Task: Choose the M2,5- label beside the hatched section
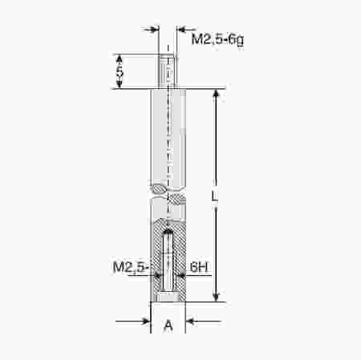[x=132, y=266]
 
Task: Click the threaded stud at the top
[x=168, y=71]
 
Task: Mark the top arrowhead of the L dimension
[x=216, y=94]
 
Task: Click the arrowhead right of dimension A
[x=192, y=322]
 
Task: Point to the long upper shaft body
[x=168, y=136]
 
